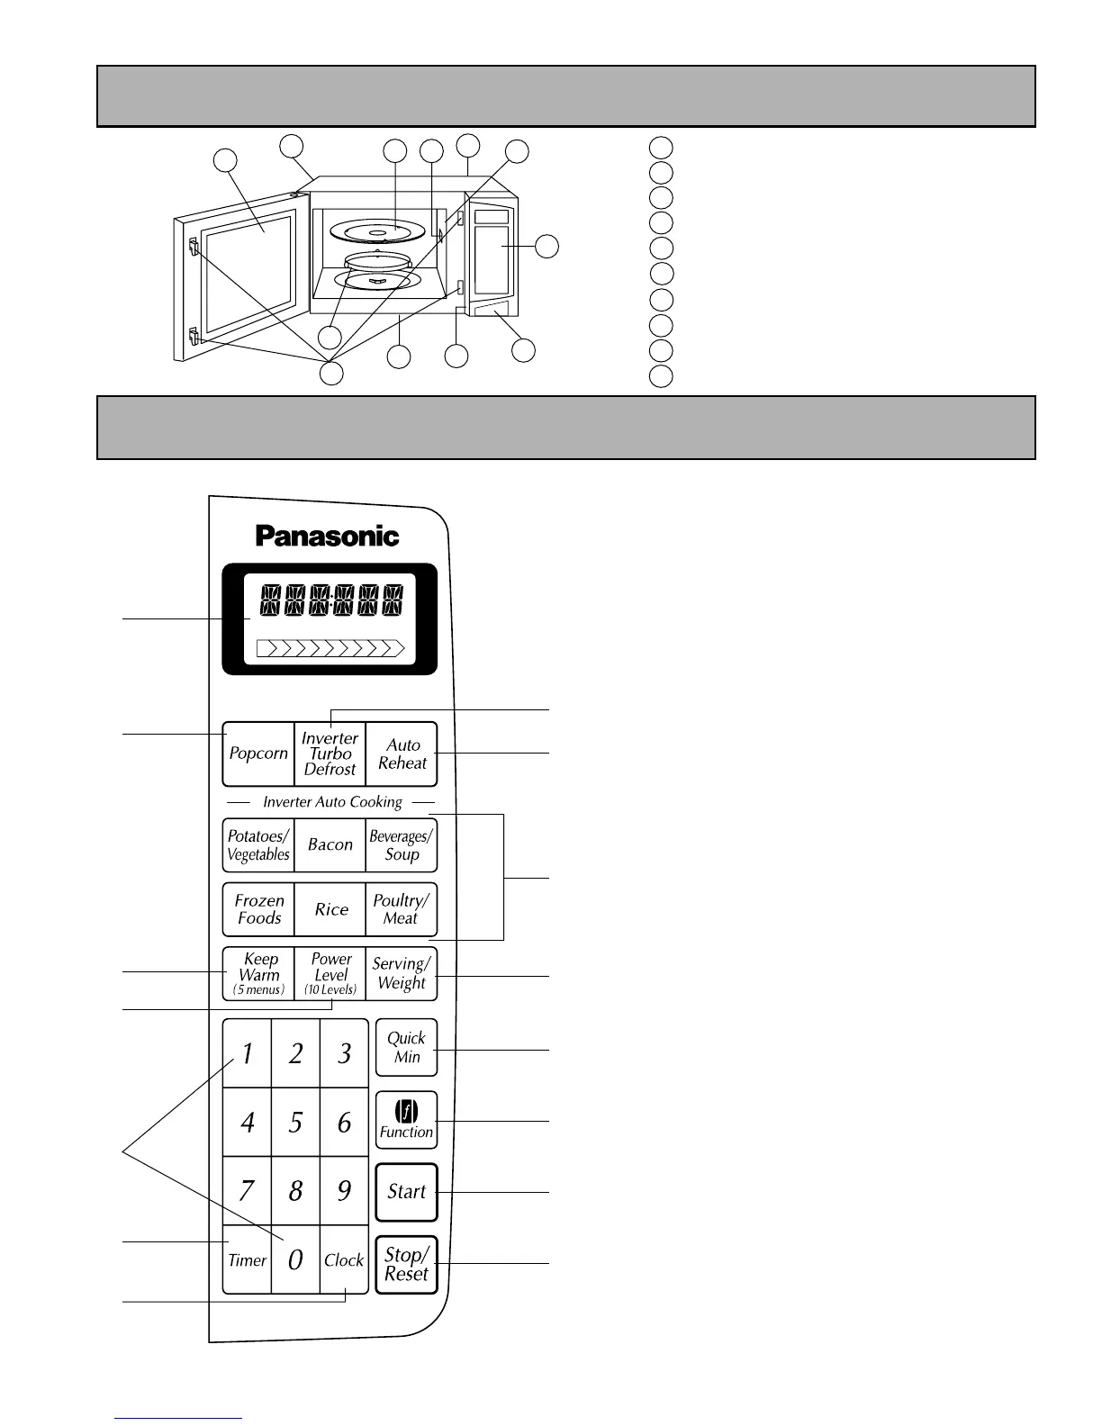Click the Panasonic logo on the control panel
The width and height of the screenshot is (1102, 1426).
pos(327,537)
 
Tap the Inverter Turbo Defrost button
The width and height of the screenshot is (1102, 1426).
pos(330,754)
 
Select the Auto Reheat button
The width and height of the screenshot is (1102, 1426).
pos(402,754)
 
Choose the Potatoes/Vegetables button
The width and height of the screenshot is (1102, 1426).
pos(258,845)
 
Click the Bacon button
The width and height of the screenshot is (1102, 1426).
pos(330,845)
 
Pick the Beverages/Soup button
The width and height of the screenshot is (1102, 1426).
pos(402,845)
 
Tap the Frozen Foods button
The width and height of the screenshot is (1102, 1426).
pos(259,909)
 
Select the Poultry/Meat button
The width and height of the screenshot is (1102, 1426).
pos(402,909)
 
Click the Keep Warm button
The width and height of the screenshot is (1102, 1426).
pos(259,974)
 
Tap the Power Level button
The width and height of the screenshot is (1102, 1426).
pos(330,974)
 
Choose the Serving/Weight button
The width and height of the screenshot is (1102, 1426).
pos(402,974)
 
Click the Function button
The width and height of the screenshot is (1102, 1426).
pos(406,1120)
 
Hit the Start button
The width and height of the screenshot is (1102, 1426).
pos(406,1192)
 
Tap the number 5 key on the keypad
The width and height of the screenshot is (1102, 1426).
pos(295,1123)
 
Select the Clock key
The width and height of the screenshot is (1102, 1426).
pos(344,1260)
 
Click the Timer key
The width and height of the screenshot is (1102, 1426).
pos(247,1260)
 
